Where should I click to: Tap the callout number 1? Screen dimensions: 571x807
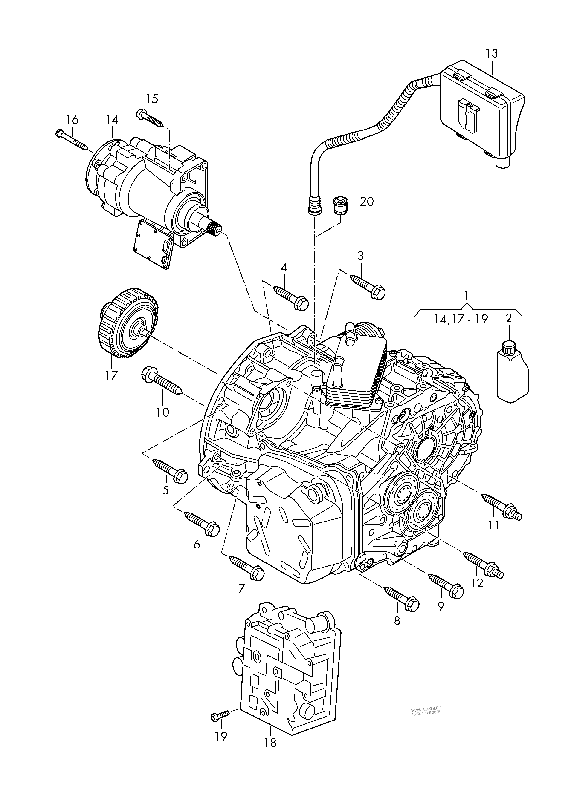click(466, 296)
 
